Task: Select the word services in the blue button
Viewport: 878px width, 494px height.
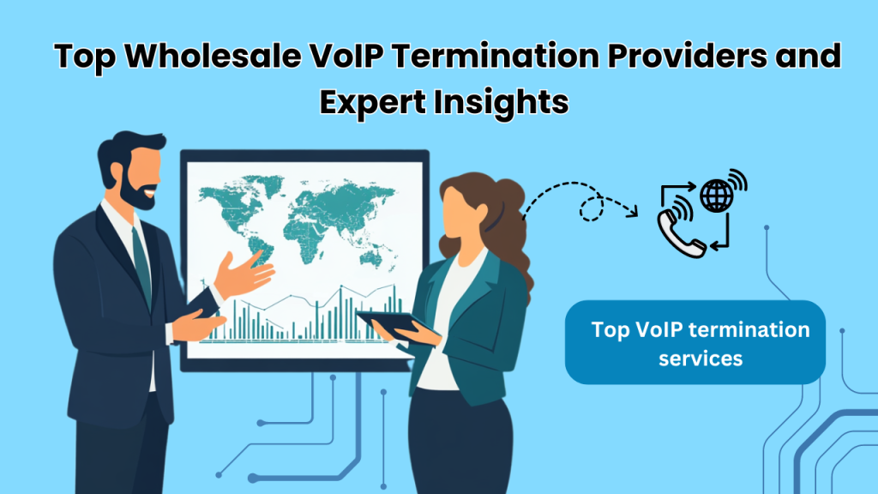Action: click(701, 358)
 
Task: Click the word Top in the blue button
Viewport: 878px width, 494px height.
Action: click(610, 330)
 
